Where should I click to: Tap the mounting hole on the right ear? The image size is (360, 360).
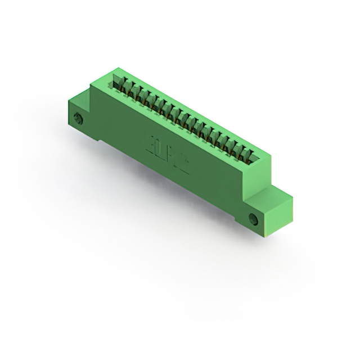(x=253, y=218)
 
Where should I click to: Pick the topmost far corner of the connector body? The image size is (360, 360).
(x=116, y=68)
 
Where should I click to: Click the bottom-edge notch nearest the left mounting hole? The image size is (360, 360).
(x=100, y=139)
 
